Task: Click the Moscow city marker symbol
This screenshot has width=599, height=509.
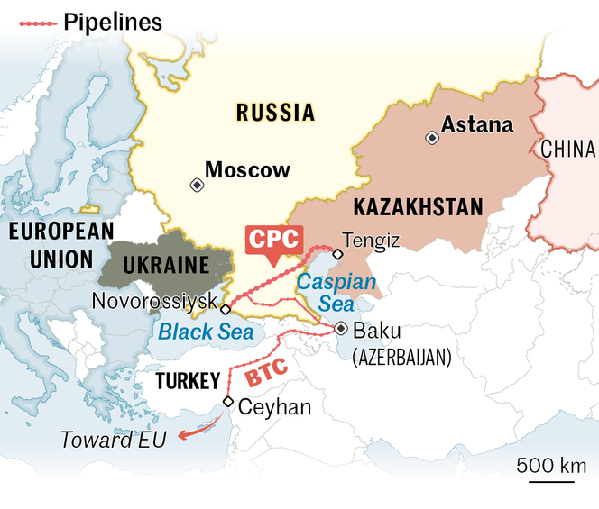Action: [197, 185]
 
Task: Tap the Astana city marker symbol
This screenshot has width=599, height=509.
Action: [433, 137]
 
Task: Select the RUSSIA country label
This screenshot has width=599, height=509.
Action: [275, 113]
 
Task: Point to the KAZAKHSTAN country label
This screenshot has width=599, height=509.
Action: [418, 207]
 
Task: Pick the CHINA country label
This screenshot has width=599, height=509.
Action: [568, 149]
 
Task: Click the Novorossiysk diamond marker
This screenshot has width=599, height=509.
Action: [226, 308]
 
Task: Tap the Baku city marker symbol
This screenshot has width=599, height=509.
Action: [340, 329]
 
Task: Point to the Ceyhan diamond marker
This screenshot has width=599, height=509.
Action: [227, 402]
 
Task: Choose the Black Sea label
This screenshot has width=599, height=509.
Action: [199, 332]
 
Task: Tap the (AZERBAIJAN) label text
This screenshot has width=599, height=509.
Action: [401, 357]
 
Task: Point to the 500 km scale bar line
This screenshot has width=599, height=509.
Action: [551, 480]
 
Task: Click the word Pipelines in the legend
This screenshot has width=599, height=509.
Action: [113, 23]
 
